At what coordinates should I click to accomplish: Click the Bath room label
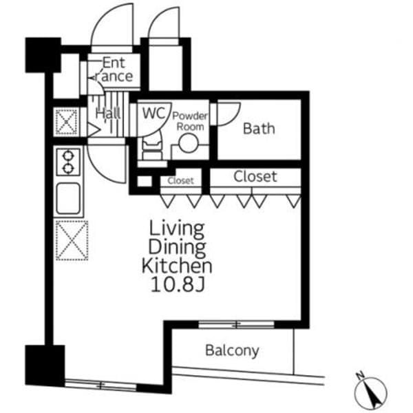click(259, 129)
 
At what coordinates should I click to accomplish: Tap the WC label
click(153, 113)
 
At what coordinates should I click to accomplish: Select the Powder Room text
click(190, 121)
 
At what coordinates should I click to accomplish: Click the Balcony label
click(232, 350)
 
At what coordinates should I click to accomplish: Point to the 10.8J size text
click(178, 284)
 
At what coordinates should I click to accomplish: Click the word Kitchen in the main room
click(177, 266)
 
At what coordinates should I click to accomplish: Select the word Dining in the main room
click(177, 247)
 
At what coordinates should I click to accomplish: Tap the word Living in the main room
click(177, 228)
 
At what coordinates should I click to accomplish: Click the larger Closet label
click(255, 176)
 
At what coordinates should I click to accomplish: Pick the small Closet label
click(180, 180)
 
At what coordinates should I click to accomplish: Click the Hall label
click(108, 114)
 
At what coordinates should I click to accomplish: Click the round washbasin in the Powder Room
click(188, 143)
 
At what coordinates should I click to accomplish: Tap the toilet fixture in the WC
click(151, 149)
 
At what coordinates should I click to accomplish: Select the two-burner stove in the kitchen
click(68, 162)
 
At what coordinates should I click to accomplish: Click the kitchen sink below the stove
click(68, 198)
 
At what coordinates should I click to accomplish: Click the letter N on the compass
click(359, 374)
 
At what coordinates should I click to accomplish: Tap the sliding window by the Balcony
click(236, 324)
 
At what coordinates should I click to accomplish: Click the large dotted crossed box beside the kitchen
click(72, 240)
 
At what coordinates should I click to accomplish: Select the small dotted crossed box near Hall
click(67, 122)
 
